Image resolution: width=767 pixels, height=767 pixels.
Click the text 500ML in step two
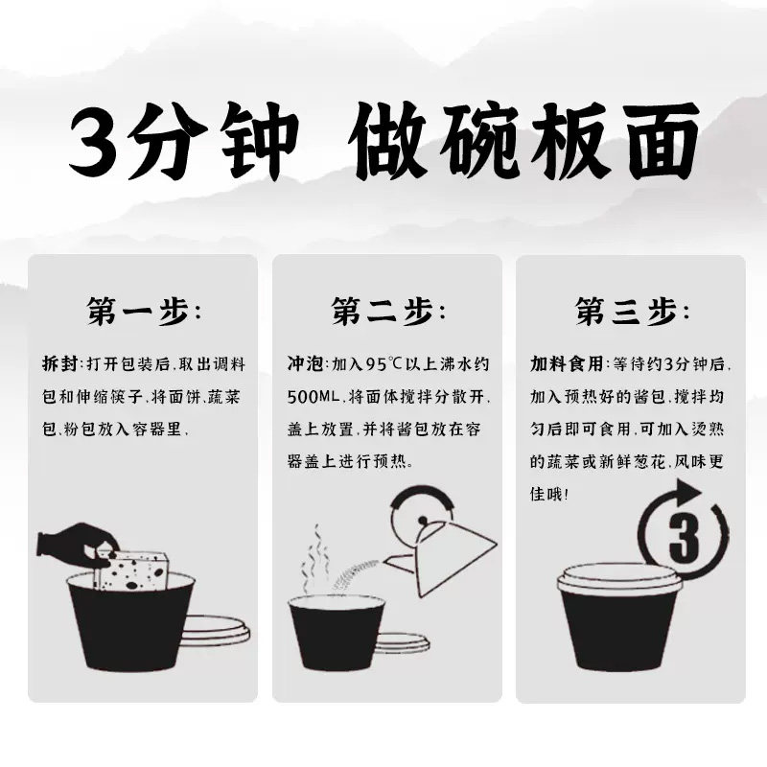pyautogui.click(x=313, y=397)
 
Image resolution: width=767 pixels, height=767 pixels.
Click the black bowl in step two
pyautogui.click(x=337, y=633)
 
